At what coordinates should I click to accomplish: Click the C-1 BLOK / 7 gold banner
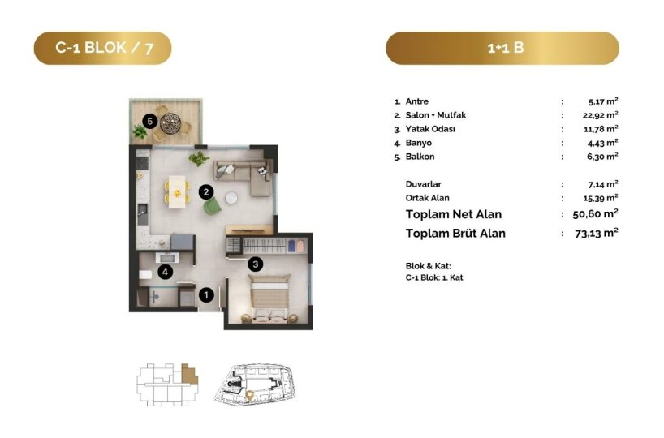click(102, 48)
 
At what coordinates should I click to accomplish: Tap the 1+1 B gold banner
click(502, 48)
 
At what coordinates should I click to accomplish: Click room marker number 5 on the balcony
click(149, 122)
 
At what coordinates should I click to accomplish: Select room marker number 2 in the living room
click(206, 192)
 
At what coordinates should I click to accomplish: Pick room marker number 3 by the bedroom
click(255, 264)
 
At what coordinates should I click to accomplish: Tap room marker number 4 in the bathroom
click(165, 272)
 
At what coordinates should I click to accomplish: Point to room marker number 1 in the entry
click(206, 295)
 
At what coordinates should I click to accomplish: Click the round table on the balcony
click(170, 123)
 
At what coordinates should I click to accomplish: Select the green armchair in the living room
click(212, 206)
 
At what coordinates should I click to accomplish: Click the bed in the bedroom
click(269, 298)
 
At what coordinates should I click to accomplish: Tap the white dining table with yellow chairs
click(177, 192)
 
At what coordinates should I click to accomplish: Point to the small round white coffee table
click(231, 198)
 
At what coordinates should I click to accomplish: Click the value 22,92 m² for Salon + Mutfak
click(600, 115)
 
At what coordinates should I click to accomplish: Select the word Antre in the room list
click(416, 101)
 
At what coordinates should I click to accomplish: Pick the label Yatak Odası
click(430, 129)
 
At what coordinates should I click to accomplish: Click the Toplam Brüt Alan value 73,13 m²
click(597, 233)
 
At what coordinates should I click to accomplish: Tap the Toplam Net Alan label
click(454, 214)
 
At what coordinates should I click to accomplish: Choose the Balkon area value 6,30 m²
click(602, 157)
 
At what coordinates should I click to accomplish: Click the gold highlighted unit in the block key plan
click(189, 374)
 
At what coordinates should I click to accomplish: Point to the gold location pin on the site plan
click(249, 395)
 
